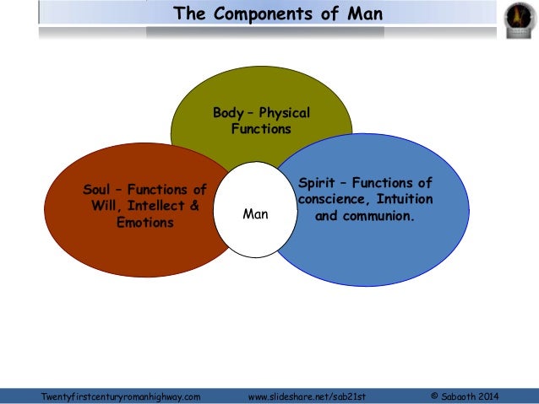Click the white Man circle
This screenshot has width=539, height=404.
(x=254, y=214)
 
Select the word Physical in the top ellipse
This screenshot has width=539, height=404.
(x=284, y=113)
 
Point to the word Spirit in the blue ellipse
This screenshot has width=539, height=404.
(x=319, y=182)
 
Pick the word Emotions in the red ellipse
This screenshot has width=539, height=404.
(x=145, y=223)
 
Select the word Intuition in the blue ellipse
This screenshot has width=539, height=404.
(x=403, y=199)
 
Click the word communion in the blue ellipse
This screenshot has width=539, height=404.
(x=376, y=216)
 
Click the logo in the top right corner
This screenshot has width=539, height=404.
(x=516, y=19)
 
